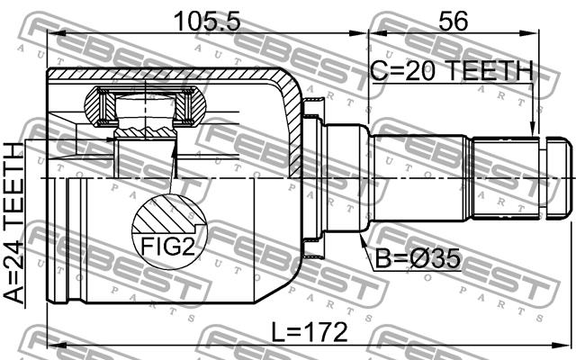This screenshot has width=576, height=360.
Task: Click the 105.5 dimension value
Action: tap(207, 21)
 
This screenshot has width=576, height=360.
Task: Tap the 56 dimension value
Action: tap(454, 21)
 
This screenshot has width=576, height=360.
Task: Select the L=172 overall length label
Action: tap(310, 332)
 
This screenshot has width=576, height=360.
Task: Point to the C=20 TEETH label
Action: tap(452, 71)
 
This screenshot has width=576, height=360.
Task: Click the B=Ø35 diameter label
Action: tap(418, 258)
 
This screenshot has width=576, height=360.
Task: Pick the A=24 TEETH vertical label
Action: tap(14, 223)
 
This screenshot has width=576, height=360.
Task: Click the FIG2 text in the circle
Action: tap(167, 247)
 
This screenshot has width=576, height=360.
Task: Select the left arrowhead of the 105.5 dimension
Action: tap(56, 33)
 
